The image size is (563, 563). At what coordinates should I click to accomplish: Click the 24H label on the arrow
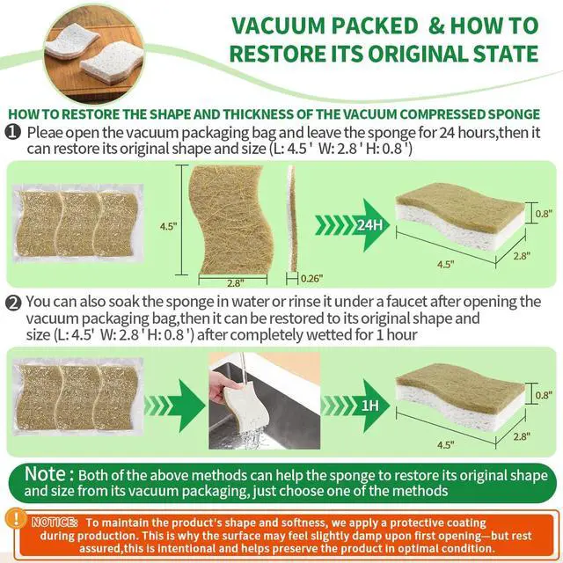tap(369, 225)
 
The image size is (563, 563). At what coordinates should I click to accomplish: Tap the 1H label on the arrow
tap(369, 406)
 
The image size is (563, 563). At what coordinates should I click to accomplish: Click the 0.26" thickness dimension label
tap(311, 278)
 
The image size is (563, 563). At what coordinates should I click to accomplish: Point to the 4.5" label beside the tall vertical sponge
tap(168, 226)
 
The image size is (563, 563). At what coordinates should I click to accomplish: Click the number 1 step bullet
tap(13, 132)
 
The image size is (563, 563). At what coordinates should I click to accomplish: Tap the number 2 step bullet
tap(13, 303)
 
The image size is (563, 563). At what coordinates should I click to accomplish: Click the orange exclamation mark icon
tap(16, 519)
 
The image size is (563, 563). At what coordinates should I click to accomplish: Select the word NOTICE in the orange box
tap(55, 522)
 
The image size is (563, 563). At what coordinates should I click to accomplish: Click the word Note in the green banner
tap(45, 474)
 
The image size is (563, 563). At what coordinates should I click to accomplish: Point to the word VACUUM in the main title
tap(278, 26)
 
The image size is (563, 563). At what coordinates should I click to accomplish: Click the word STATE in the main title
tap(506, 54)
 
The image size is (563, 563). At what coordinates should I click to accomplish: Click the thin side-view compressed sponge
tap(293, 219)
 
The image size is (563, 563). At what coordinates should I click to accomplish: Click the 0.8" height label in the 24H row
tap(544, 214)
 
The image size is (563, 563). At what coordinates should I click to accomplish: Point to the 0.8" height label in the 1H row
tap(544, 395)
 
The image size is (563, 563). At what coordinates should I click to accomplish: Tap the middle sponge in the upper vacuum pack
tap(78, 223)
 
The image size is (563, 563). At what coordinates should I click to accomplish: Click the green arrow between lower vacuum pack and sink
tap(175, 406)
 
